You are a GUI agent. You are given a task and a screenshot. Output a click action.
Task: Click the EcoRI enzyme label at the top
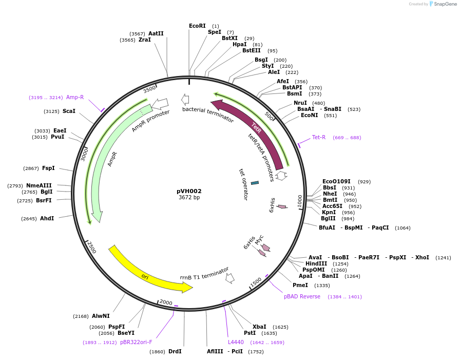(x=197, y=26)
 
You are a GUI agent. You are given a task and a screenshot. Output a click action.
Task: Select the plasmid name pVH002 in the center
(x=189, y=191)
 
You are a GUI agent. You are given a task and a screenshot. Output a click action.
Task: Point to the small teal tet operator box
(x=255, y=182)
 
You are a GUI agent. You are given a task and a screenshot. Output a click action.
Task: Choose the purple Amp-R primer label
(x=74, y=97)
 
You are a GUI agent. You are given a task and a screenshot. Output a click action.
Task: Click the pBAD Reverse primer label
(x=302, y=296)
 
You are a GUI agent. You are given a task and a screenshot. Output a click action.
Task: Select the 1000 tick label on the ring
(x=300, y=200)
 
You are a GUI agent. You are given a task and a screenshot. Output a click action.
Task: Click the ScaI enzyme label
(x=69, y=111)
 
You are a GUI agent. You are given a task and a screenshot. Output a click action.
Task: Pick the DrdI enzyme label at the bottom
(x=175, y=351)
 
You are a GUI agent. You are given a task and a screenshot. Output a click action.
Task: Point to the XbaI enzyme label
(x=259, y=327)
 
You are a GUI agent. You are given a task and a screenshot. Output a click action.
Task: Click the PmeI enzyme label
(x=300, y=285)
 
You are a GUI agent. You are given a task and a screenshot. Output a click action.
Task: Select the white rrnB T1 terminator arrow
(x=230, y=278)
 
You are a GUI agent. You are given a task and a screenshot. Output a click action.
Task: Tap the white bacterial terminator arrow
(x=185, y=100)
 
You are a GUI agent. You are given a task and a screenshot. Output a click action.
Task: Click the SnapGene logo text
(x=445, y=4)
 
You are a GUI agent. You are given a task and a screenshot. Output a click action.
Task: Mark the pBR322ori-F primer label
(x=136, y=342)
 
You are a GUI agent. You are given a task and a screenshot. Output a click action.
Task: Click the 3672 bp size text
(x=189, y=198)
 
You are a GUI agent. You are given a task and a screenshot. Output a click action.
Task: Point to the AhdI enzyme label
(x=47, y=218)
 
